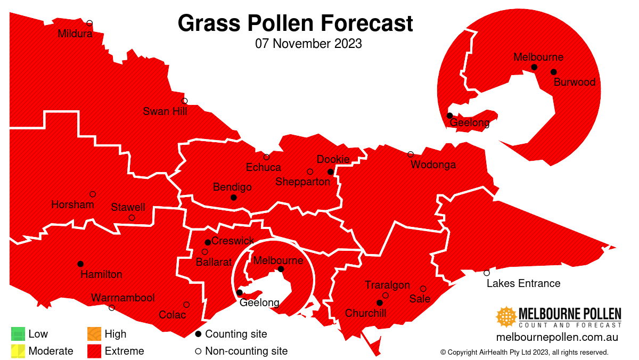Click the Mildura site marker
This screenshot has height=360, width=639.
pyautogui.click(x=89, y=23)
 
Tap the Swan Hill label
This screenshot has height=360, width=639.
pyautogui.click(x=165, y=111)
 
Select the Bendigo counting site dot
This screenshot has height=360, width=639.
pyautogui.click(x=233, y=198)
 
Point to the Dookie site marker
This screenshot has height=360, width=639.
pyautogui.click(x=330, y=172)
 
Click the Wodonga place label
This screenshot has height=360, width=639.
pyautogui.click(x=433, y=165)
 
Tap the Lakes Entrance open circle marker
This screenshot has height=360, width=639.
pyautogui.click(x=487, y=273)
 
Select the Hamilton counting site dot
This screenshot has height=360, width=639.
pyautogui.click(x=80, y=264)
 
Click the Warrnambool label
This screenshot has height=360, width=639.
pyautogui.click(x=123, y=298)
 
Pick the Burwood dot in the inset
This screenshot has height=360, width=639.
pyautogui.click(x=553, y=72)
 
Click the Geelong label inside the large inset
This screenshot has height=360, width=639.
pyautogui.click(x=470, y=123)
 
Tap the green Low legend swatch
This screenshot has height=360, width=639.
pyautogui.click(x=18, y=334)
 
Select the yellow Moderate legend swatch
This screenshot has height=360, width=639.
pyautogui.click(x=18, y=351)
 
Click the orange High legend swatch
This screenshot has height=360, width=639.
pyautogui.click(x=94, y=334)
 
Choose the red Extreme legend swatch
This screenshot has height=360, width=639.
pyautogui.click(x=94, y=351)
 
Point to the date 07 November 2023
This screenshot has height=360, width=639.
pyautogui.click(x=308, y=44)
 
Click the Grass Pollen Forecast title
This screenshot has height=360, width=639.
pyautogui.click(x=295, y=23)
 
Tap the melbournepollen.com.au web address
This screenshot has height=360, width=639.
pyautogui.click(x=556, y=337)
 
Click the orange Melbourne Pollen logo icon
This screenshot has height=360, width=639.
pyautogui.click(x=506, y=317)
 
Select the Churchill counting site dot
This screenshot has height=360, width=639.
pyautogui.click(x=380, y=302)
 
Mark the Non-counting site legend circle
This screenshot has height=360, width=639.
pyautogui.click(x=198, y=351)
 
